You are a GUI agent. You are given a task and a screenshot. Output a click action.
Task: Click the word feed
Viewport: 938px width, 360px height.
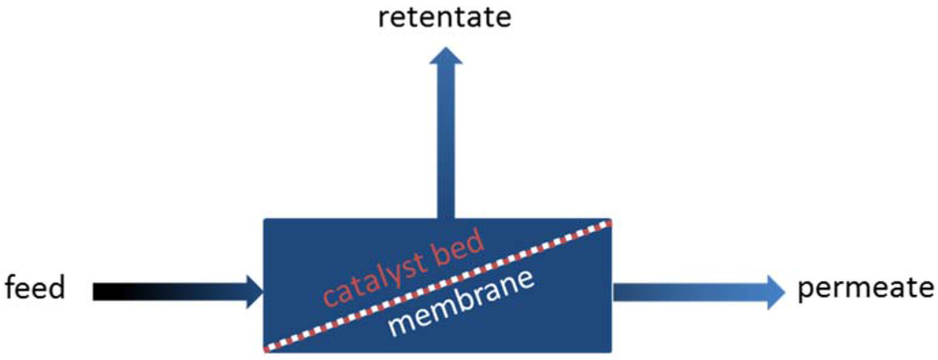point(36,289)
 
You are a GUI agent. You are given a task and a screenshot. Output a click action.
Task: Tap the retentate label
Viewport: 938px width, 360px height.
point(444,17)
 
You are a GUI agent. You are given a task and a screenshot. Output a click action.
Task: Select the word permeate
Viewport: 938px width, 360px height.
point(866,289)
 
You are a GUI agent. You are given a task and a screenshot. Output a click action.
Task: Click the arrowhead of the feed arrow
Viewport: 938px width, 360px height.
point(254,291)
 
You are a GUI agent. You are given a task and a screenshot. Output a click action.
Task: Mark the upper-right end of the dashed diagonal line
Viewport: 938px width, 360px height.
point(608,223)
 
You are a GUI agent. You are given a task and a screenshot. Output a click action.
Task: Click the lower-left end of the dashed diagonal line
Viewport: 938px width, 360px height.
point(267,349)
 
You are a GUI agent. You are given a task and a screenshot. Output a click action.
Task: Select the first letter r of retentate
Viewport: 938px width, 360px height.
point(383,18)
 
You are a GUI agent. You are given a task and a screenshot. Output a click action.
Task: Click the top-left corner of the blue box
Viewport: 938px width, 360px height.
point(265,220)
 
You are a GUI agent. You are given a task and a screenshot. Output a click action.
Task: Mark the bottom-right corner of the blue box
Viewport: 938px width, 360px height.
point(611,352)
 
